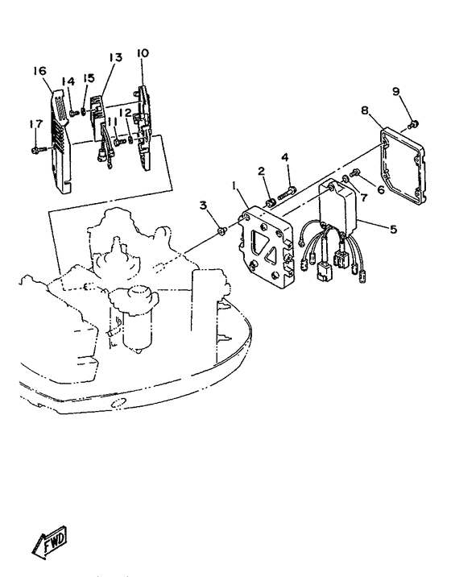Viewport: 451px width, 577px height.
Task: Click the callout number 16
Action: tap(39, 71)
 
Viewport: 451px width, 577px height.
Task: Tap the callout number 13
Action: tap(115, 57)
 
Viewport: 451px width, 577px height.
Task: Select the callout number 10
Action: tap(143, 53)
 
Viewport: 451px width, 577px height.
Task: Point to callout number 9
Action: tap(395, 91)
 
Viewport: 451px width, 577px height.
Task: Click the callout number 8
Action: tap(365, 110)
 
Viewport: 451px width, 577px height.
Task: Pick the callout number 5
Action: tap(394, 229)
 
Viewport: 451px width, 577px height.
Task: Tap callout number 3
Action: tap(204, 205)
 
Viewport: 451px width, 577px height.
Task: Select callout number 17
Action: tap(36, 124)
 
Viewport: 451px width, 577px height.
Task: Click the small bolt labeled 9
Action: tap(415, 123)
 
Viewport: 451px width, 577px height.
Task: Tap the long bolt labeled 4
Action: tap(288, 193)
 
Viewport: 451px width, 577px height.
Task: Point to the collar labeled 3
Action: tap(221, 230)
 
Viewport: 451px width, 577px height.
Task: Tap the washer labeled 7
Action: tap(346, 179)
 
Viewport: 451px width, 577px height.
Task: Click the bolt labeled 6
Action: tap(356, 172)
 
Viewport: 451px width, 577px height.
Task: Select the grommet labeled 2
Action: tap(271, 202)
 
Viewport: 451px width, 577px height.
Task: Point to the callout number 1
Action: tap(234, 187)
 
